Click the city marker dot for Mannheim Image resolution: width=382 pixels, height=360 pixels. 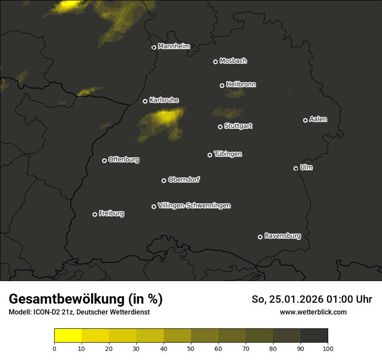coord(154,48)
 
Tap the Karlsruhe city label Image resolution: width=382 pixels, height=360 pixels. coord(164,100)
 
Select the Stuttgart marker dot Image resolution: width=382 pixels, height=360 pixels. coord(220,127)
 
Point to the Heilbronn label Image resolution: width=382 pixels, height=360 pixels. coord(241,85)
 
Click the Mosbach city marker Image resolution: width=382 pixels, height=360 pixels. coord(215,62)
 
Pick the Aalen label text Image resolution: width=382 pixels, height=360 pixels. coord(318,119)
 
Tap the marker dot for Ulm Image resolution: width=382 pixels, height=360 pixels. coord(296,168)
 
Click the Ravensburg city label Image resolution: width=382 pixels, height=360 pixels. coord(282,236)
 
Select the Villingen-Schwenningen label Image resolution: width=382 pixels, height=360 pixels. coord(194,206)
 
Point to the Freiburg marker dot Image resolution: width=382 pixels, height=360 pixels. coord(95,214)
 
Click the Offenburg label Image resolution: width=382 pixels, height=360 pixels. coord(124,160)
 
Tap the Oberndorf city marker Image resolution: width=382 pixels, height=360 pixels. coord(164,180)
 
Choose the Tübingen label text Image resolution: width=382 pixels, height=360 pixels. coord(228,154)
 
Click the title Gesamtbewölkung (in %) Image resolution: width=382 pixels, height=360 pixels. coord(86,299)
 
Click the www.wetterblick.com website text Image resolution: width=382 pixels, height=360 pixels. coord(313,312)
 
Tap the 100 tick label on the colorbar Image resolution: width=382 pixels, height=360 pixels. coord(328,348)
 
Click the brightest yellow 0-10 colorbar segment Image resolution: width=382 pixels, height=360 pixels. coord(68,335)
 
